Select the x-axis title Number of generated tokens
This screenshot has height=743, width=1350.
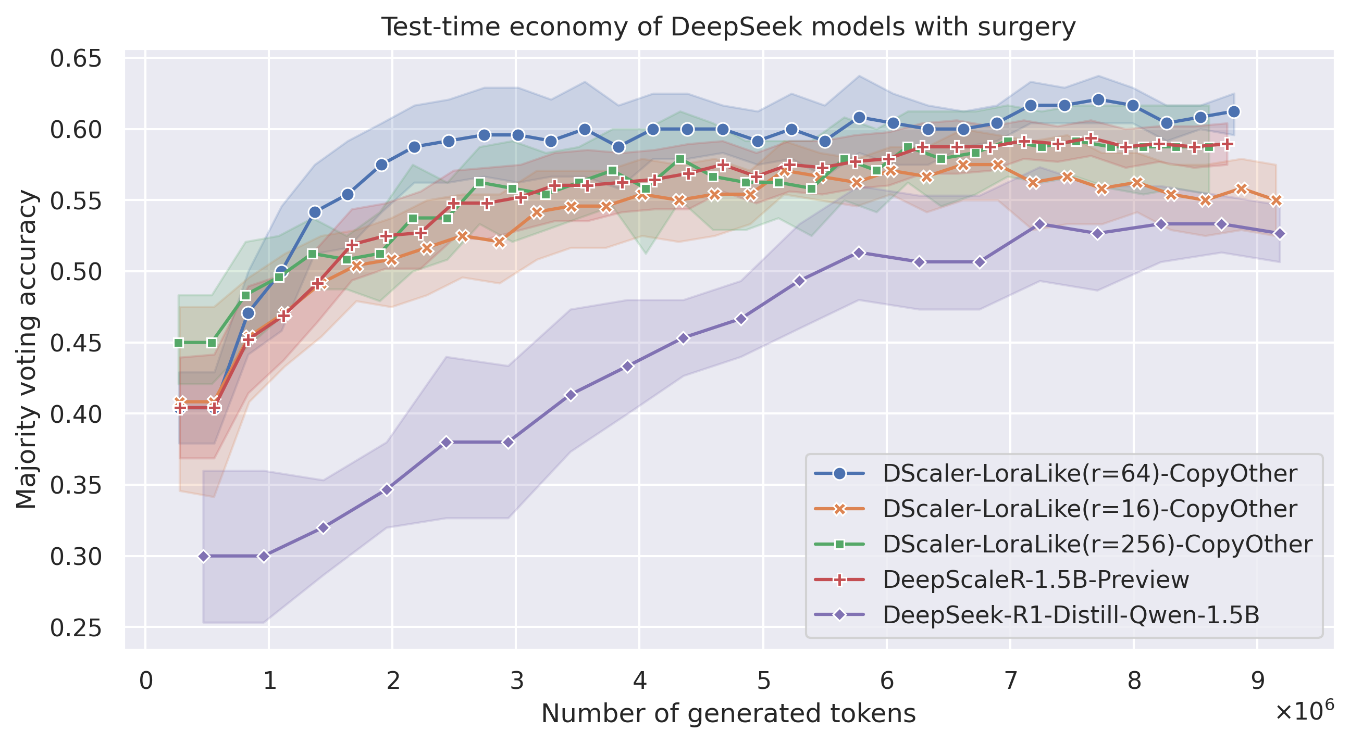point(728,714)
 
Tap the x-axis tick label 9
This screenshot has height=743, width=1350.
point(1257,681)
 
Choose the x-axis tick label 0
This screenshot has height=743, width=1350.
point(146,681)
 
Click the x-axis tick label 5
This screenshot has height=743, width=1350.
point(763,681)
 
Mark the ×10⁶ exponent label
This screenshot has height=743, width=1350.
point(1304,712)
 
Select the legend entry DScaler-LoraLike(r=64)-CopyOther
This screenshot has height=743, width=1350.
point(1090,473)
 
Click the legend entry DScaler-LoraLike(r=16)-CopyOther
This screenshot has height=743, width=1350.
point(1090,509)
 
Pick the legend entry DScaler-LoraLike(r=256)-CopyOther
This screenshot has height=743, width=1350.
point(1097,544)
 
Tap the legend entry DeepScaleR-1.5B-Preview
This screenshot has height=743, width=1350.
point(1036,580)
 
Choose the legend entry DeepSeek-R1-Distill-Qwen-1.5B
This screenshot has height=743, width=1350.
point(1071,615)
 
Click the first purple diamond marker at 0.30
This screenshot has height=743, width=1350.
point(204,556)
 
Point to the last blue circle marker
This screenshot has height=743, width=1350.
point(1234,111)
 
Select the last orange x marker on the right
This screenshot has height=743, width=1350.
point(1276,200)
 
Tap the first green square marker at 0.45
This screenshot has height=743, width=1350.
point(179,343)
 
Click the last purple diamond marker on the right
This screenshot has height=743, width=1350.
point(1279,234)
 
